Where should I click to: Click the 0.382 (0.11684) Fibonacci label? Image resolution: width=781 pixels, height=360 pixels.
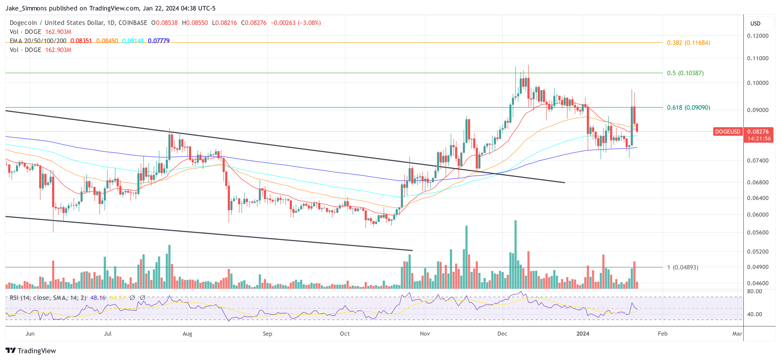tap(688, 43)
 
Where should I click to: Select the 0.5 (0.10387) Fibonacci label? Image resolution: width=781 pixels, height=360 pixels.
tap(685, 73)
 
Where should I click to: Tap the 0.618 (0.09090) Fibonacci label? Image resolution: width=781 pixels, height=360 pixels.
tap(688, 108)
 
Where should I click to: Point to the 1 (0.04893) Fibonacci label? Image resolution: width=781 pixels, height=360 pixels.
tap(682, 267)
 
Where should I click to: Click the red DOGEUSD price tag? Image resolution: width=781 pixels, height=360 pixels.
tap(727, 131)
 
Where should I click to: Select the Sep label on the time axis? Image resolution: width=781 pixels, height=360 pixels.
tap(267, 334)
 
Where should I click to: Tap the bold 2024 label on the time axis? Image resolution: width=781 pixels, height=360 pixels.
tap(583, 334)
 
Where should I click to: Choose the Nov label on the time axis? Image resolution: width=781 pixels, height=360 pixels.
tap(425, 334)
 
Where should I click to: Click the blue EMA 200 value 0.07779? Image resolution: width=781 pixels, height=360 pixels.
tap(159, 41)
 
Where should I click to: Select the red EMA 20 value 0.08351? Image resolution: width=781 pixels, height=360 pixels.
tap(81, 41)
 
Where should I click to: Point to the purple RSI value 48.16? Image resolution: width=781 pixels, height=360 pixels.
tap(98, 298)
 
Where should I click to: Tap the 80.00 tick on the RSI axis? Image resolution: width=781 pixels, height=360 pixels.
tap(754, 292)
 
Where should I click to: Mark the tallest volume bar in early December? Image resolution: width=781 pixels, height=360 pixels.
tap(515, 255)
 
